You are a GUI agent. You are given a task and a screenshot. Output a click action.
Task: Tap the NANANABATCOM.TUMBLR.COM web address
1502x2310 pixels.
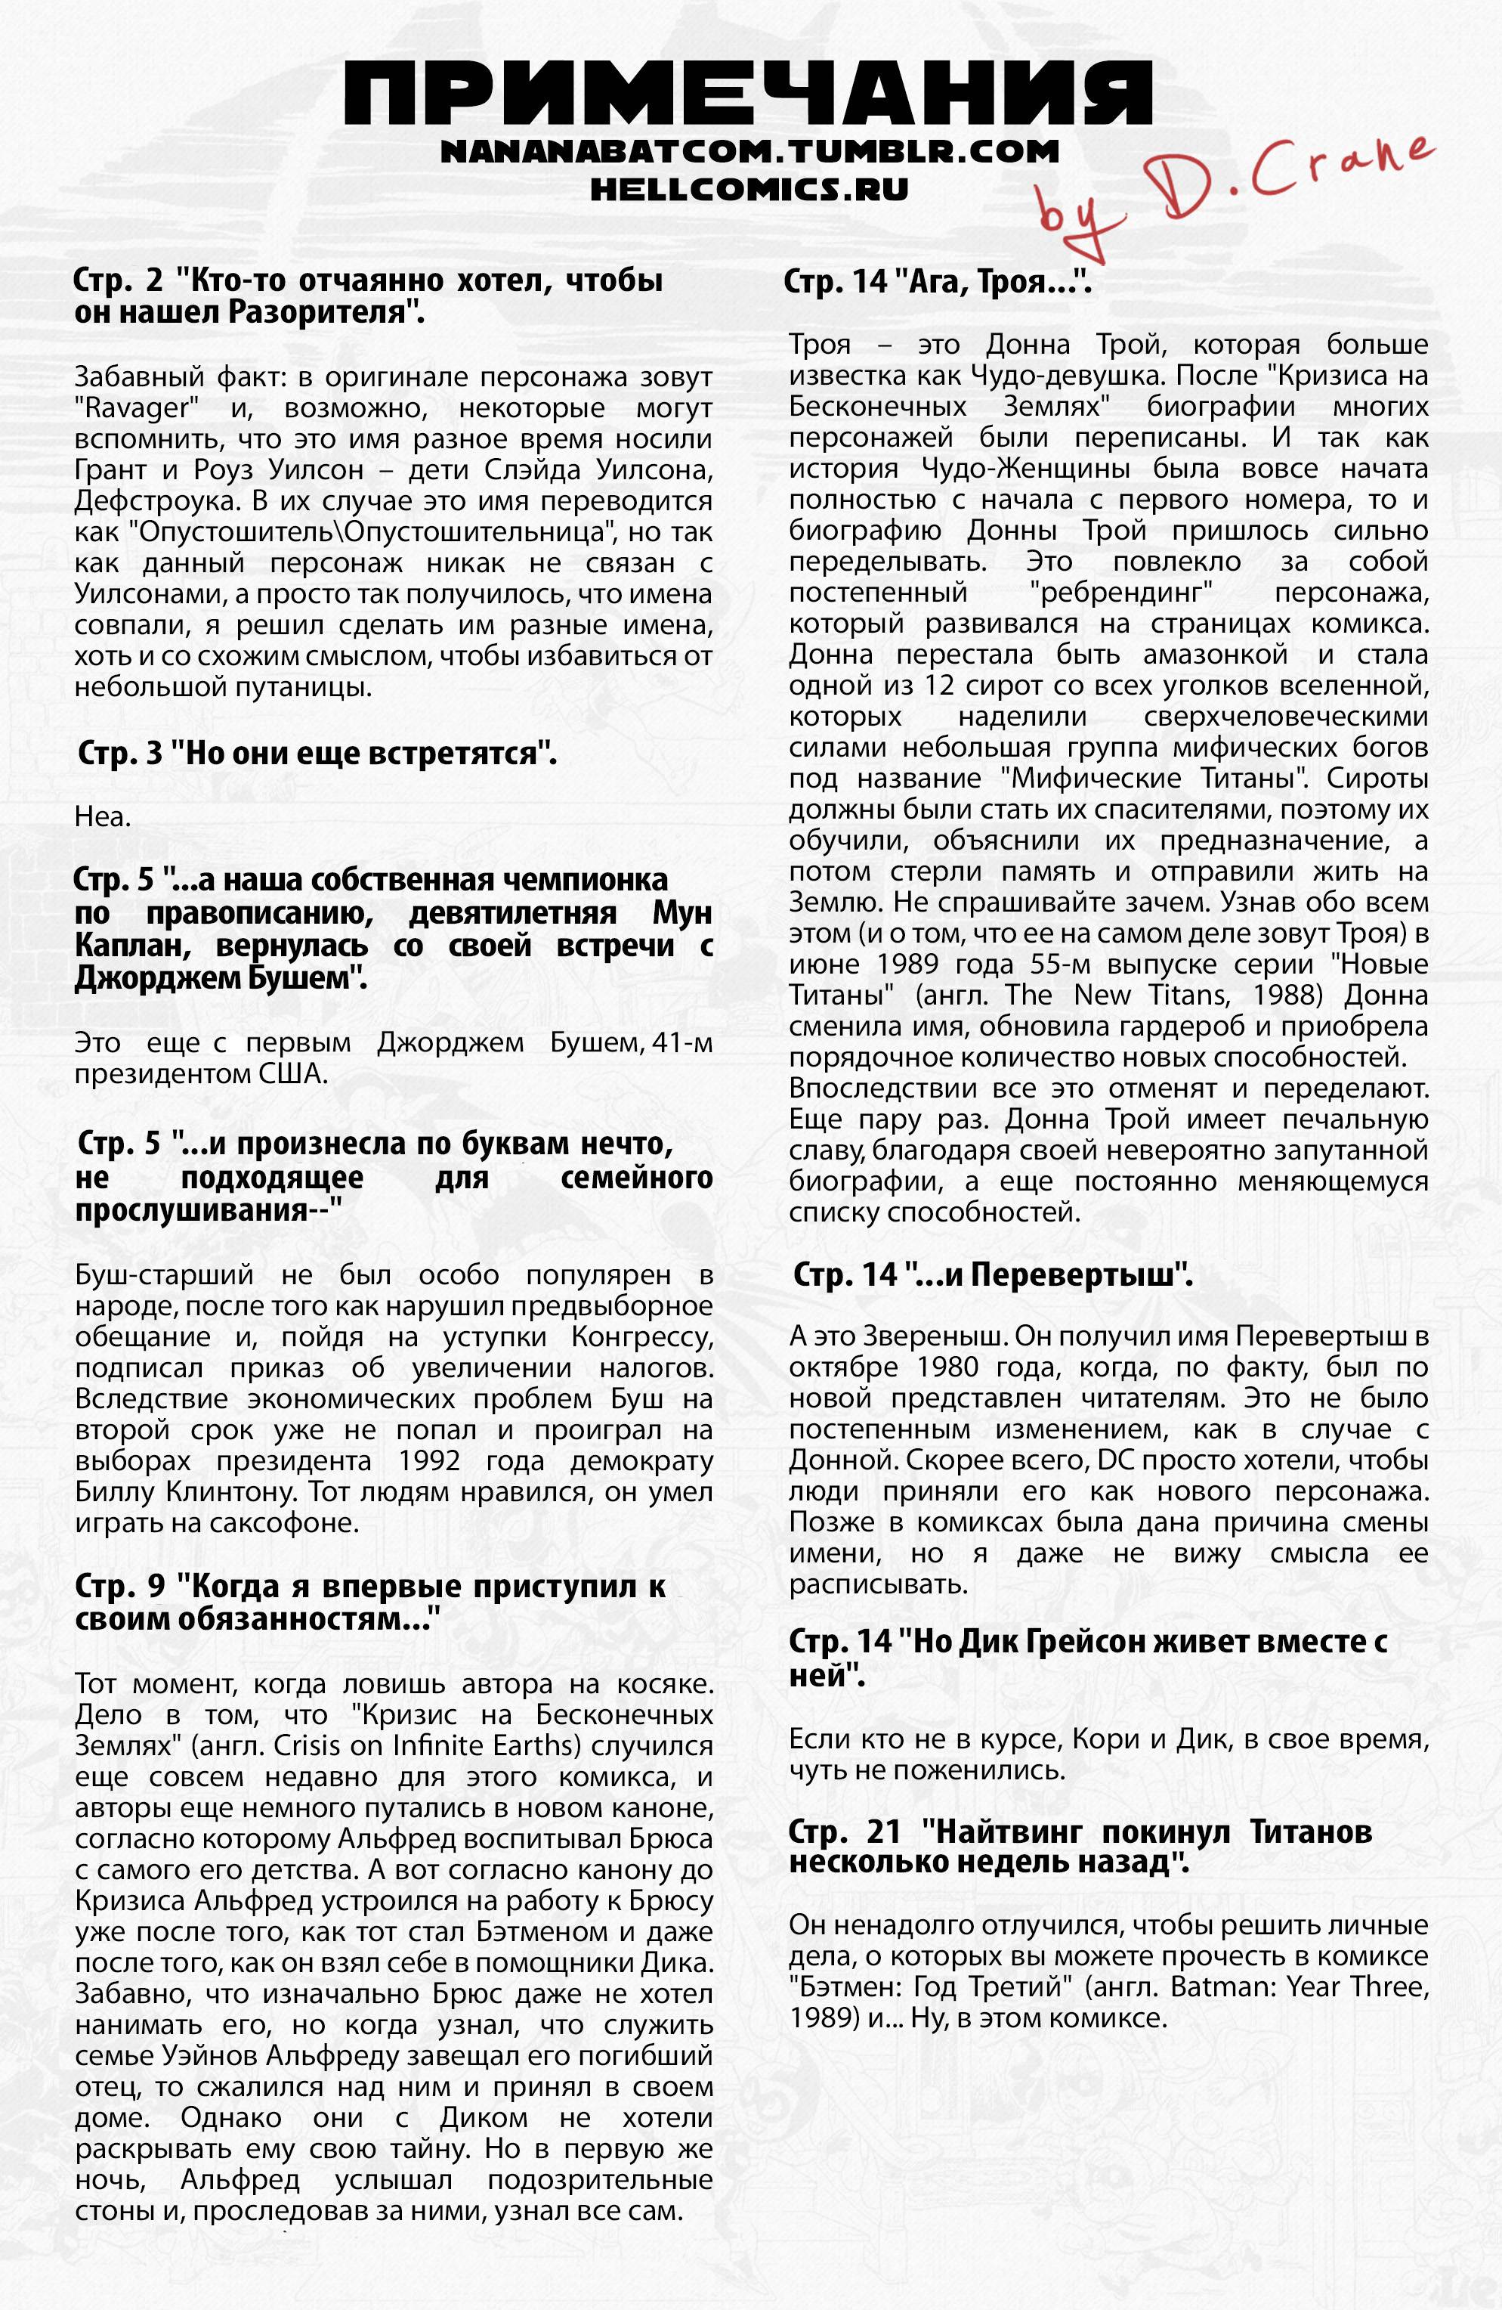click(749, 153)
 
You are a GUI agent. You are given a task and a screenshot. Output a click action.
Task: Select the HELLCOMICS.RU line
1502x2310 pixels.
click(749, 188)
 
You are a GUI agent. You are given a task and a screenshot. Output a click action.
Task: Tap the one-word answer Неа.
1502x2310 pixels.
click(103, 817)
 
